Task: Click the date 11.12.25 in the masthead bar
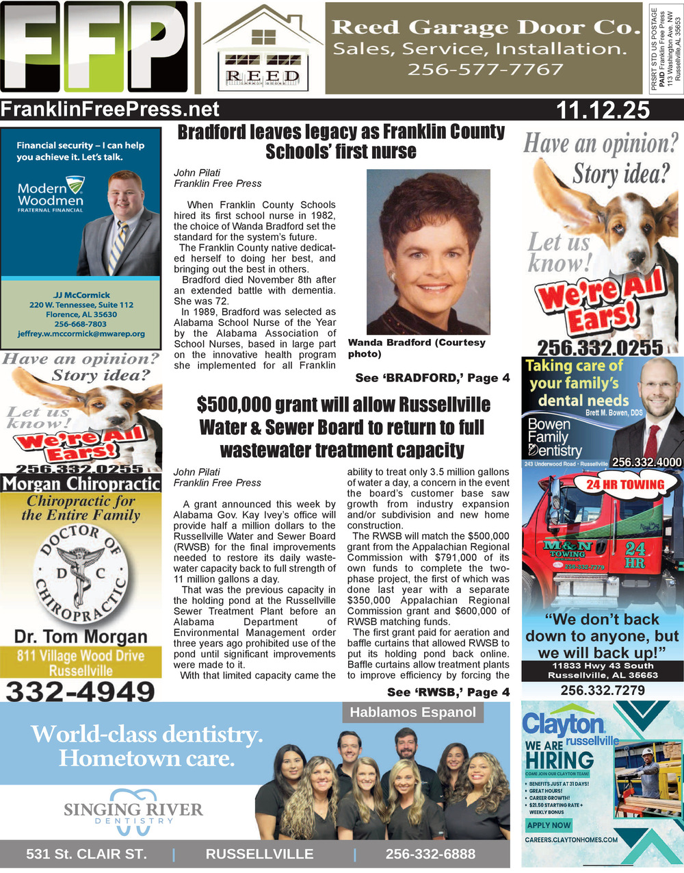(x=603, y=110)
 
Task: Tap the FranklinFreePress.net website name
(x=110, y=110)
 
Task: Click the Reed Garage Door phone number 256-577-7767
(x=485, y=69)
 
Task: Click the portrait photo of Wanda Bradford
(x=429, y=251)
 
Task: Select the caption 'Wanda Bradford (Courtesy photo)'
(x=417, y=348)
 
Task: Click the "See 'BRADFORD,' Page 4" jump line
(x=432, y=378)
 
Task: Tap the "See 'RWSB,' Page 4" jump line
(x=448, y=692)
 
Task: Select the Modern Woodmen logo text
(x=51, y=194)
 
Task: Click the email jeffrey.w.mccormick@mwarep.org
(x=81, y=334)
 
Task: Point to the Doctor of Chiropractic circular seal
(x=81, y=573)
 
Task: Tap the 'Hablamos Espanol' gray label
(x=412, y=712)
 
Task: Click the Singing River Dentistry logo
(x=133, y=811)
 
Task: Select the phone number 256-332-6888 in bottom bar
(x=430, y=854)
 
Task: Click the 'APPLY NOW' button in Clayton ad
(x=549, y=825)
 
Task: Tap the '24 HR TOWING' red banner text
(x=624, y=485)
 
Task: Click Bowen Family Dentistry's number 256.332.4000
(x=646, y=462)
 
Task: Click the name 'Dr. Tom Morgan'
(x=81, y=637)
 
